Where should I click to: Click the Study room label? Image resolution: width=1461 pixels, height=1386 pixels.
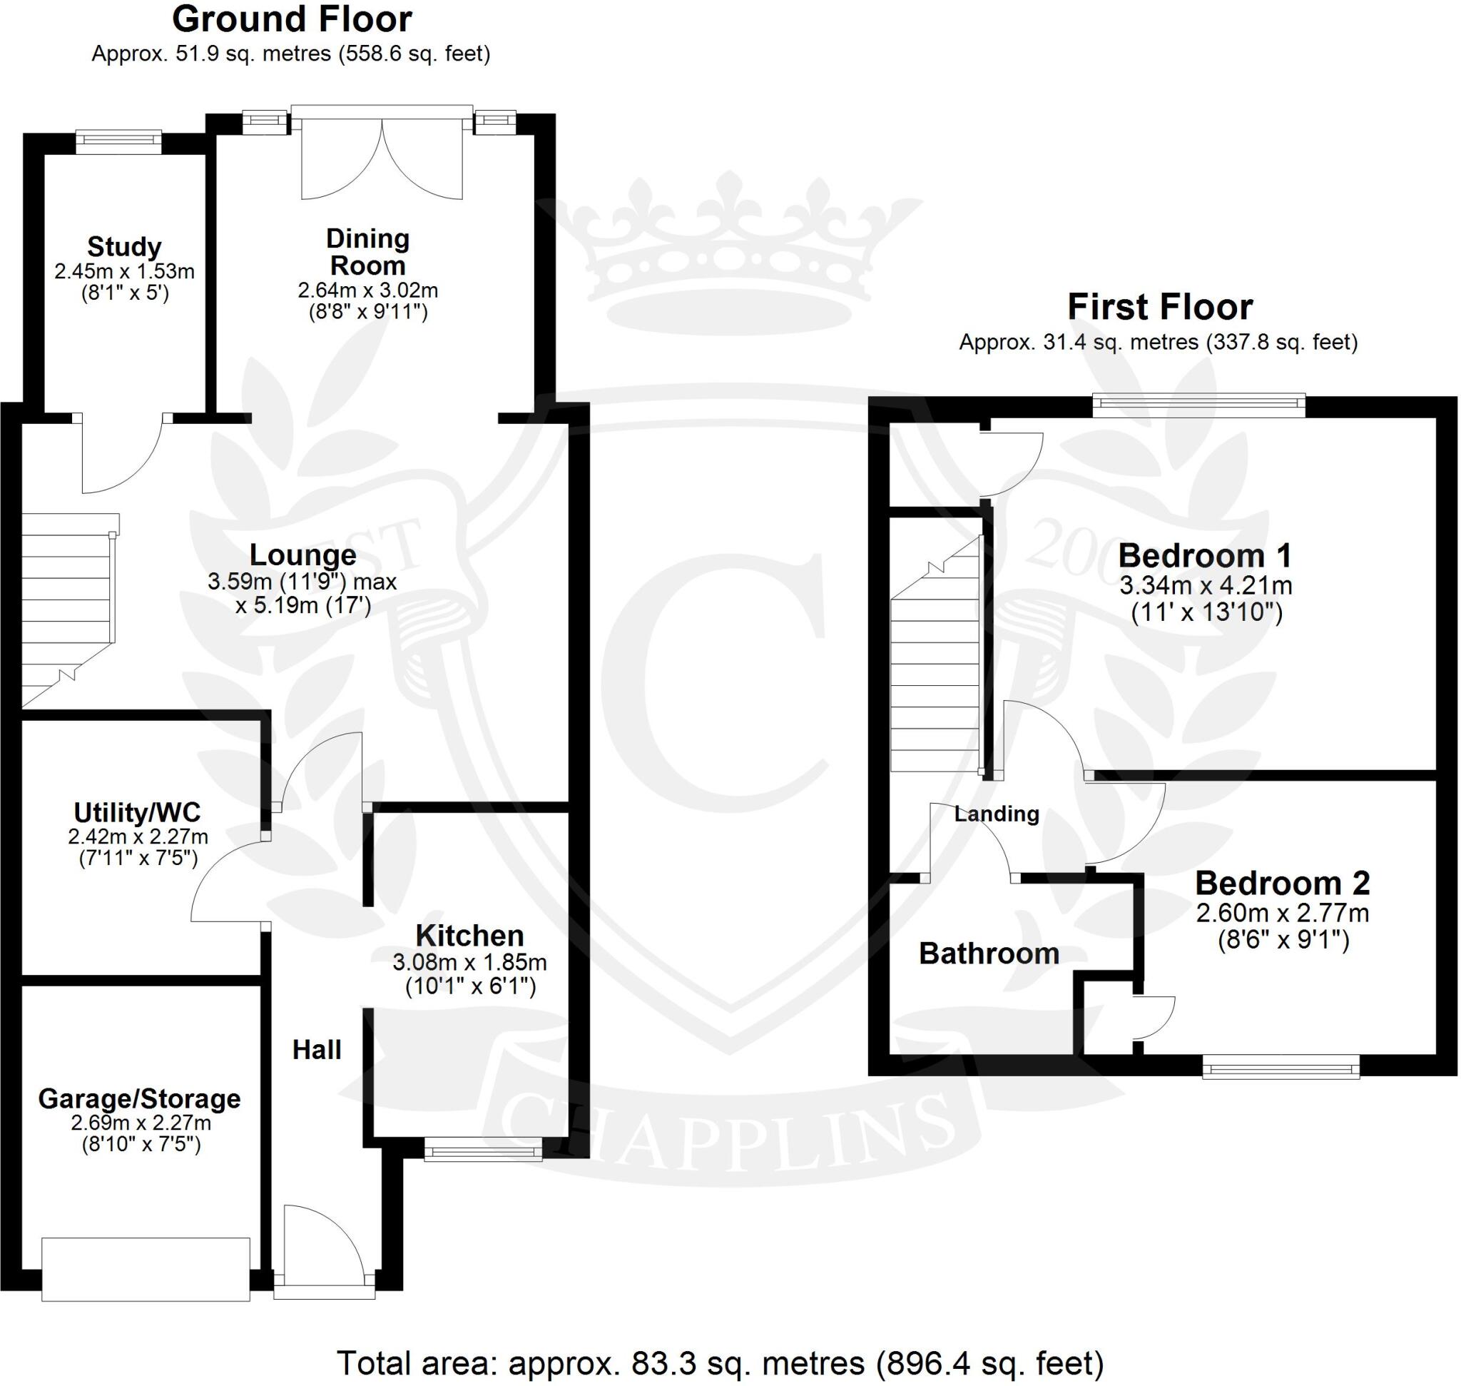pos(124,246)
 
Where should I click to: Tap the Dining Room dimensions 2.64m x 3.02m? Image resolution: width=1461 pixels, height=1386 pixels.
pos(368,290)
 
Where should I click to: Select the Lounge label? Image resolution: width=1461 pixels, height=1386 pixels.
pos(303,555)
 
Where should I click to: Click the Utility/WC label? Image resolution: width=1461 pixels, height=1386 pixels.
pos(138,813)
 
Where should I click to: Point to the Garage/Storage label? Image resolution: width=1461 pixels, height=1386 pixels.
pos(140,1098)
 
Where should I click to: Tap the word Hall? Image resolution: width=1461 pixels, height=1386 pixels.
pos(317,1049)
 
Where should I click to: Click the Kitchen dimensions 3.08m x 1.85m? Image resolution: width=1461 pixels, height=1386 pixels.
pos(470,962)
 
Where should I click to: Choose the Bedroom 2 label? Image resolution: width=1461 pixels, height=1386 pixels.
pos(1282,883)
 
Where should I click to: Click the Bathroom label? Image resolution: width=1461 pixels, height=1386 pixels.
pos(989,953)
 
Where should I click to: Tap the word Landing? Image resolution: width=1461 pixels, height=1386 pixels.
pos(997,814)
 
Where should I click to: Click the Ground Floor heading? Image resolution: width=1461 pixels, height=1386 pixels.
pos(292,20)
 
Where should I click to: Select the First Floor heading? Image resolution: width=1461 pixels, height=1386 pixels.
pos(1160,307)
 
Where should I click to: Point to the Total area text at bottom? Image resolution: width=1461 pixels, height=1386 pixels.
pos(721,1362)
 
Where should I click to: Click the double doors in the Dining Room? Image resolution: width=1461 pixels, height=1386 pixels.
pos(382,159)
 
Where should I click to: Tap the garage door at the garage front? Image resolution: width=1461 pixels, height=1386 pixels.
pos(146,1268)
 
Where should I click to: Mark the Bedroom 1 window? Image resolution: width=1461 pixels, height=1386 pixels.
pos(1198,403)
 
